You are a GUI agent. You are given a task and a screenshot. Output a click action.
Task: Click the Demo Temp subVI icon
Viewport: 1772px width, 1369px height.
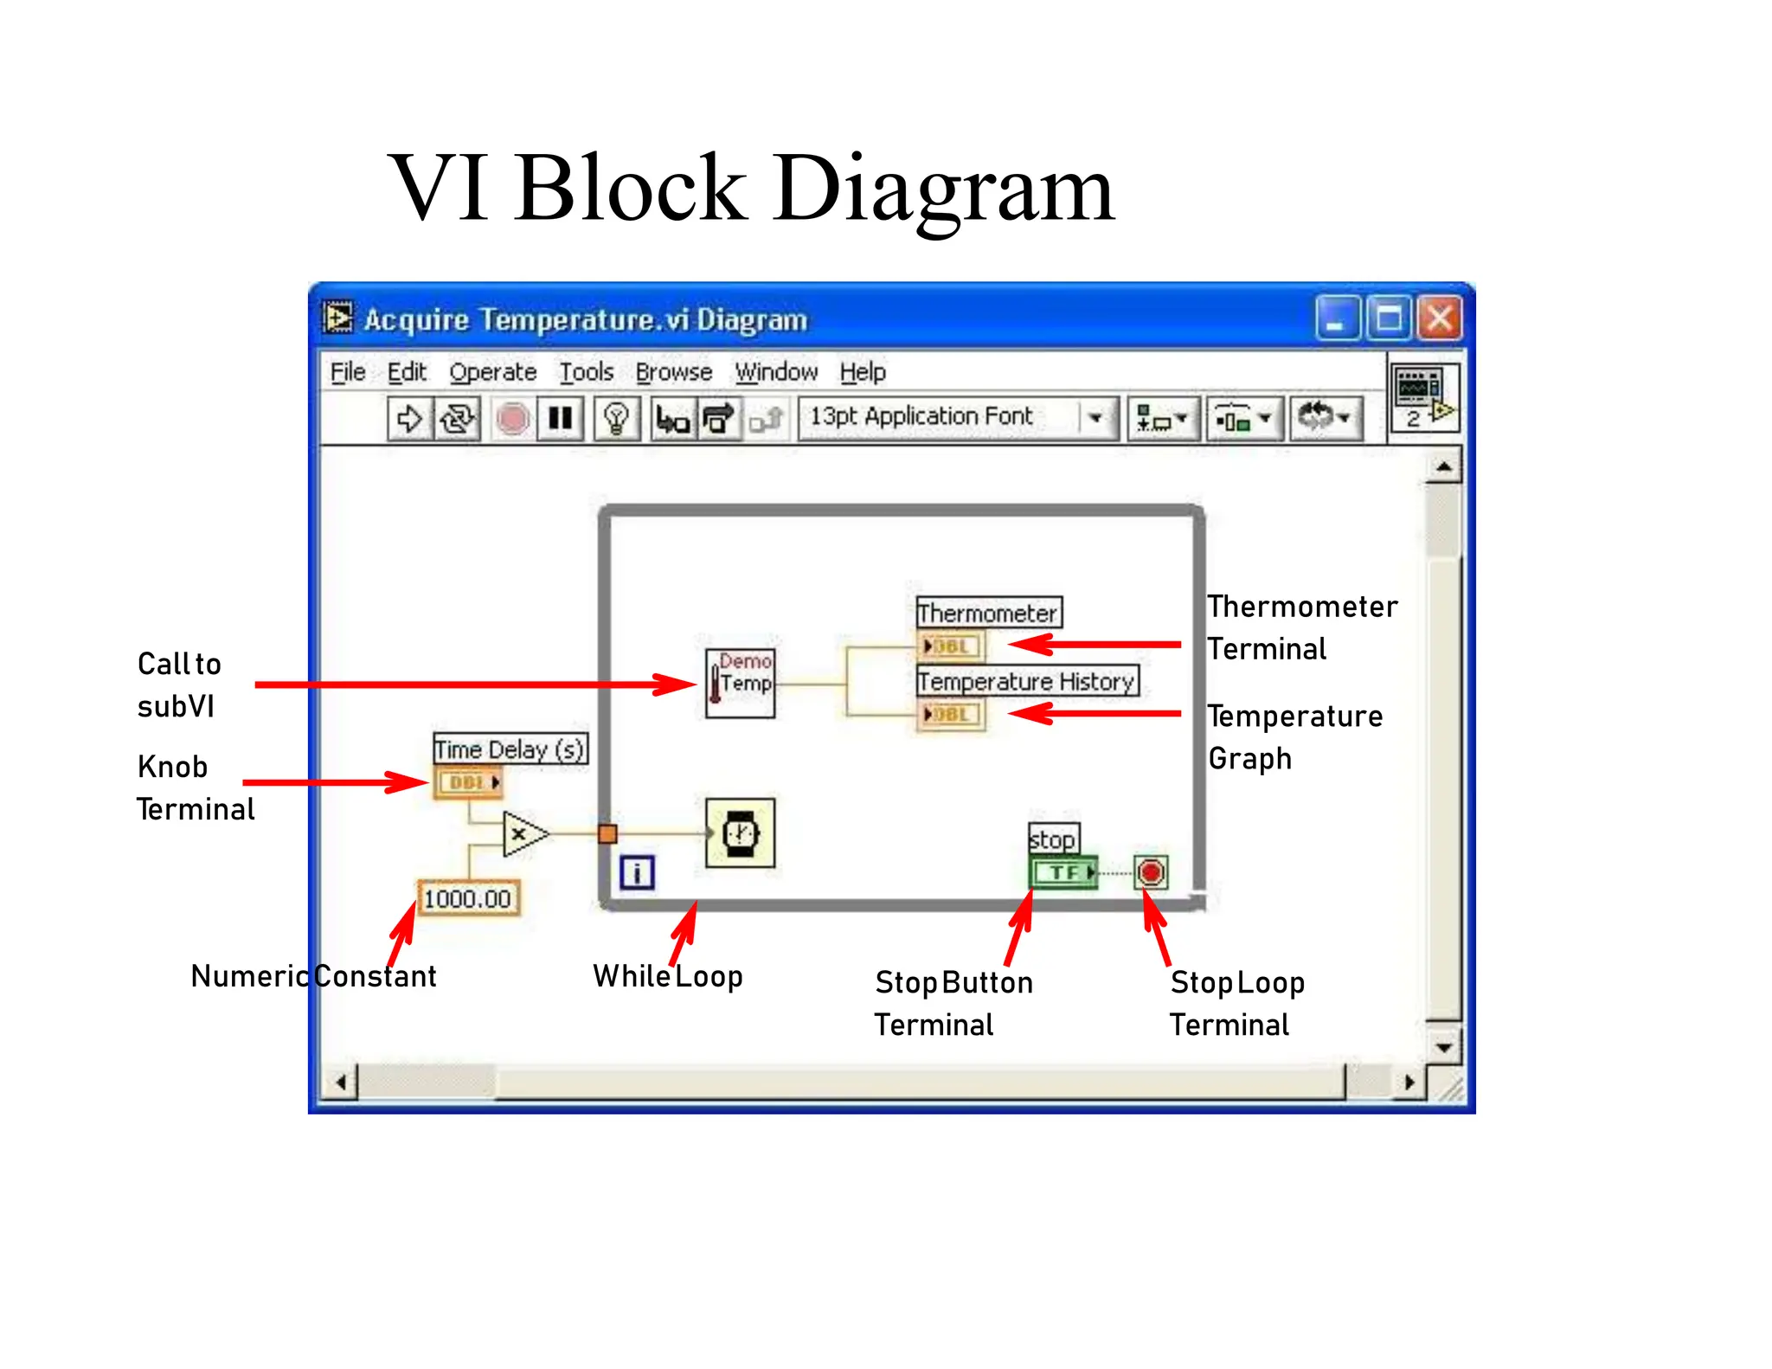(740, 684)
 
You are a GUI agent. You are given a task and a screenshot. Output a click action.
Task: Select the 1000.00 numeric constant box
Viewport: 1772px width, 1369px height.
(467, 898)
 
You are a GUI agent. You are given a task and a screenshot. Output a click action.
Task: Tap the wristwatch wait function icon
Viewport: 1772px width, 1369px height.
(740, 832)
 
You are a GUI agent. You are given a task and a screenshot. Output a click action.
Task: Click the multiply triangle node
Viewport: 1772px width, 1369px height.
(523, 833)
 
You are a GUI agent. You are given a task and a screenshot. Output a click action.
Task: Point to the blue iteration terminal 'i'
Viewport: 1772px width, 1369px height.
(637, 872)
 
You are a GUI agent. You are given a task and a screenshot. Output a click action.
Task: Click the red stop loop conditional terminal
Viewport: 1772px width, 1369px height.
(1151, 871)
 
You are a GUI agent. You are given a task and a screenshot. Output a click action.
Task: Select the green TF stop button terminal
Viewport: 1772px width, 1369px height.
(1063, 872)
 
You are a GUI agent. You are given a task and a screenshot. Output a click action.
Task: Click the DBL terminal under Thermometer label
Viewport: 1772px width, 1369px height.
(950, 646)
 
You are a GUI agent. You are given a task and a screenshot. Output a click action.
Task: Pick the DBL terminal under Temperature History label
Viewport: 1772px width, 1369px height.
(950, 715)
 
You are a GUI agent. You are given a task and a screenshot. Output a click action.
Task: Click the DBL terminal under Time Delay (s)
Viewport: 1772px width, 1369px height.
(468, 782)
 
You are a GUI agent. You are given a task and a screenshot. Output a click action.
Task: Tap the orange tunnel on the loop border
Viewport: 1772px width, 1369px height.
(607, 833)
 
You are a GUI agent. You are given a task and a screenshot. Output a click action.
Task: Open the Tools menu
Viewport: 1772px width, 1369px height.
(586, 372)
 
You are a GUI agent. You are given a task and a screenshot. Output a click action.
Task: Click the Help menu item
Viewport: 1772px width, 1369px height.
(862, 372)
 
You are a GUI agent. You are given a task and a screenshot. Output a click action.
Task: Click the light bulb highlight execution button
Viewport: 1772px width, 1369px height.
(616, 419)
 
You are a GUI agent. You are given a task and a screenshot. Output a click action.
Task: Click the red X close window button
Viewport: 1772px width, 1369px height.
(1439, 318)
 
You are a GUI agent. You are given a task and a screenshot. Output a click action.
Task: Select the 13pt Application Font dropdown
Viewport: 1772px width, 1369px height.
(956, 418)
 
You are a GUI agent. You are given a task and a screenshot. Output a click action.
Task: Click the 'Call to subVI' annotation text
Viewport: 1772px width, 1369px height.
(179, 684)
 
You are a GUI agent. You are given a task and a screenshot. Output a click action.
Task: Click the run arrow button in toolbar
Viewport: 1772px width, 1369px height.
(408, 419)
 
